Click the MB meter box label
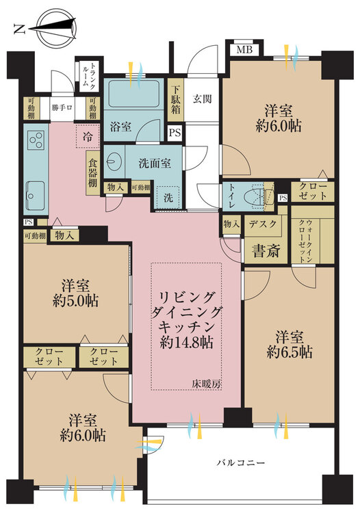(x=244, y=50)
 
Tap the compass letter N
(x=20, y=30)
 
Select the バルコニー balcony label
(x=240, y=463)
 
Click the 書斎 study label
(x=266, y=251)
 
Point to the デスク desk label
(x=263, y=224)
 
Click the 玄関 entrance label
(x=202, y=98)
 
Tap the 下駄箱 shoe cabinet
(x=176, y=100)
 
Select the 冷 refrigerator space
(x=88, y=136)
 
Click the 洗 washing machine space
(x=168, y=198)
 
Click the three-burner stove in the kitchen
(x=36, y=140)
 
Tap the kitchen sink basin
(x=36, y=196)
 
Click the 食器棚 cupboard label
(x=93, y=173)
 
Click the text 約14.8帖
(x=187, y=342)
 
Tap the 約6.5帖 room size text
(x=290, y=352)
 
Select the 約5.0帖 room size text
(x=75, y=301)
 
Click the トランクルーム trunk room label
(x=88, y=76)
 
